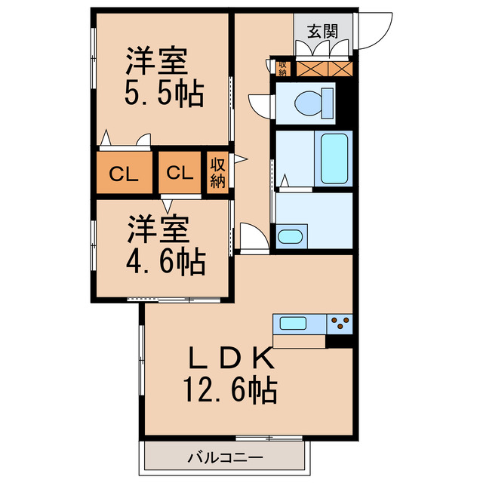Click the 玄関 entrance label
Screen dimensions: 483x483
(322, 32)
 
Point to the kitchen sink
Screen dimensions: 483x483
(293, 324)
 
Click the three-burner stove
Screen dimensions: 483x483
(340, 324)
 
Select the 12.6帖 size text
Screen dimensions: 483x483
(229, 391)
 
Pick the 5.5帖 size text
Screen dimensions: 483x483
(164, 92)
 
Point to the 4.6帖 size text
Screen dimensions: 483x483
(165, 261)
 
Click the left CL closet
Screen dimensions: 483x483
(123, 174)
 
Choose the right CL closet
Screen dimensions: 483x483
(180, 174)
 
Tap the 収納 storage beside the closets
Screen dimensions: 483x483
(218, 174)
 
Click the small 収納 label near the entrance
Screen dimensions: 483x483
(282, 68)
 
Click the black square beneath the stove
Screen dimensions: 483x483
(339, 341)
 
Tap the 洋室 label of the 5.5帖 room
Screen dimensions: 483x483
(156, 60)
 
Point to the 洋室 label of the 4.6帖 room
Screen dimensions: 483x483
(157, 228)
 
